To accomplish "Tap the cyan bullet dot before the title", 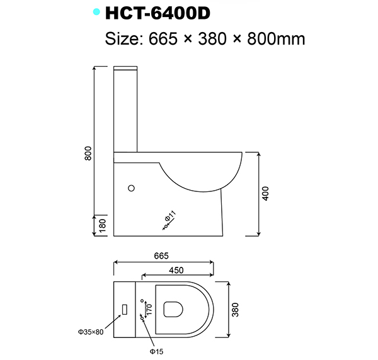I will (96, 12).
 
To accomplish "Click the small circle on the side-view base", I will (132, 188).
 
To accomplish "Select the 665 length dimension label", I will (161, 256).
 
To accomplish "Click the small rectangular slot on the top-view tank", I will (125, 310).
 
